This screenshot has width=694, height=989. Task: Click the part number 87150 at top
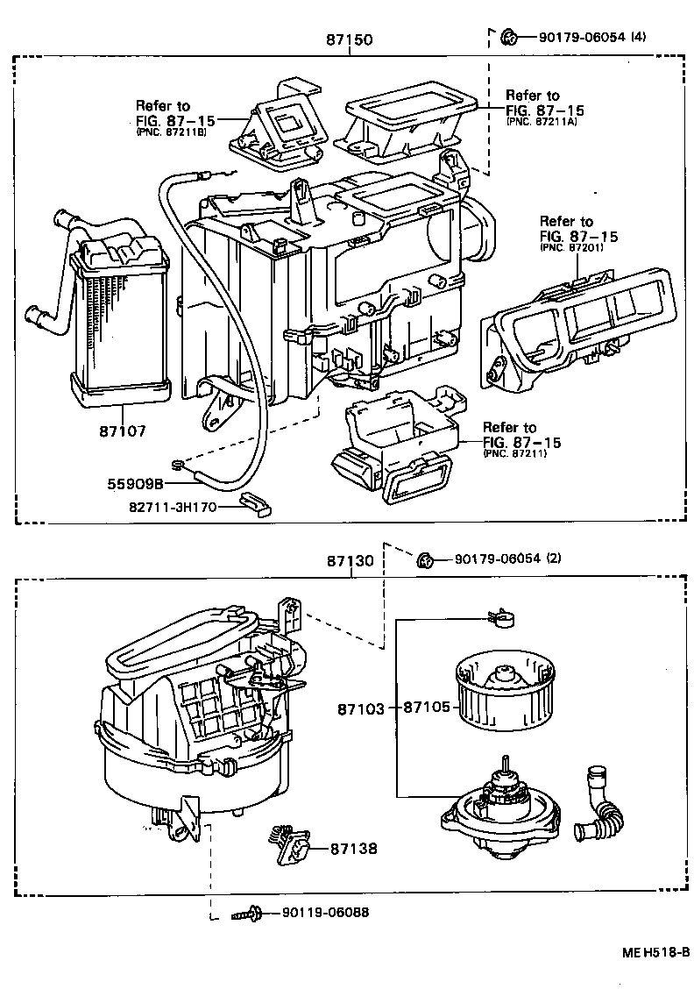point(348,39)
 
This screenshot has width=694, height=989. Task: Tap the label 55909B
point(137,483)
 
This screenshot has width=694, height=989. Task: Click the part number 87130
point(351,560)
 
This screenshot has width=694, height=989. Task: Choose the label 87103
point(361,708)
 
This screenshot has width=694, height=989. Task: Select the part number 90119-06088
point(325,913)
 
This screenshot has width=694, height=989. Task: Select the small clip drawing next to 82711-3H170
point(255,503)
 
